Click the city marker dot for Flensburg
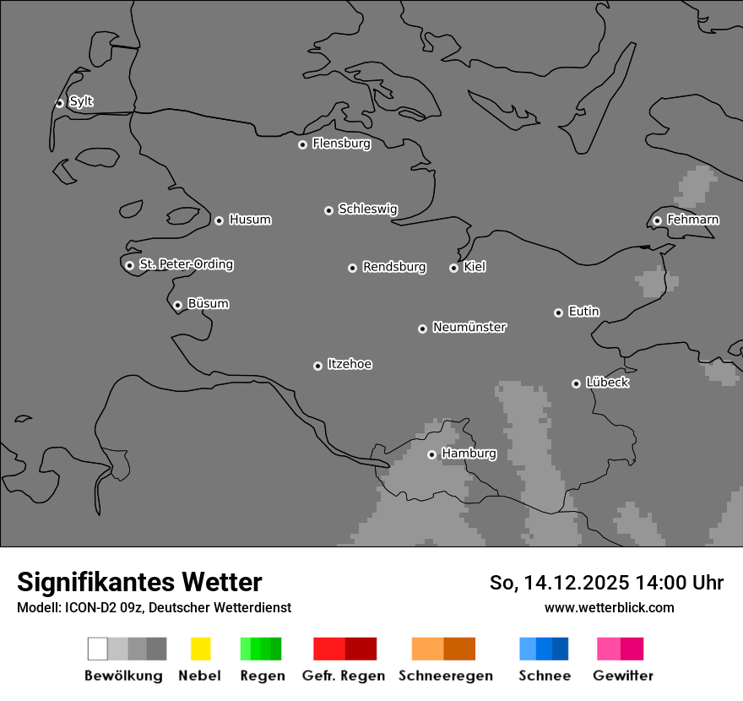point(302,144)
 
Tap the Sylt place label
point(81,101)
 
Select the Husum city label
point(250,220)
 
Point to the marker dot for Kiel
point(453,268)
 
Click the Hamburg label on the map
point(469,454)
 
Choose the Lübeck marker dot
point(576,383)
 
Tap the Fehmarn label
point(692,220)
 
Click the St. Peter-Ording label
point(186,264)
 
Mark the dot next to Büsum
point(177,305)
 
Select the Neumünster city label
point(469,327)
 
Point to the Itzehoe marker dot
point(317,366)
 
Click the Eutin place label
point(583,312)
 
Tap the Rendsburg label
point(394,267)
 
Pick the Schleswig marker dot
point(328,210)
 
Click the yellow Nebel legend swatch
point(200,649)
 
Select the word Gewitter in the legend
point(623,676)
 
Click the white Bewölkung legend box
point(98,649)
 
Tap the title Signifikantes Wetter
point(139,582)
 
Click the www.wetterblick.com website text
point(609,607)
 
